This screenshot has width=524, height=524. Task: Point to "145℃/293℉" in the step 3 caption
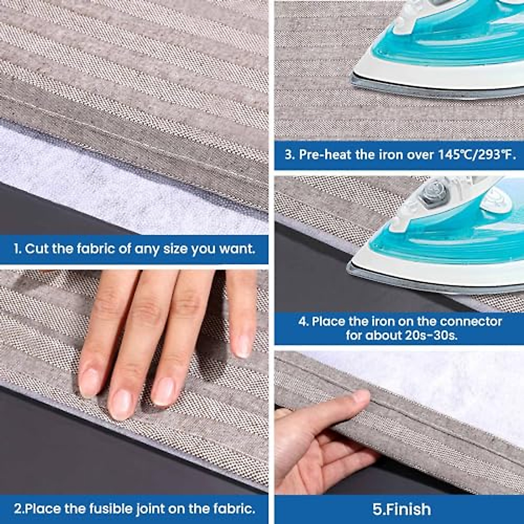[x=476, y=155]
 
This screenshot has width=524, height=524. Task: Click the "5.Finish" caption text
[x=402, y=509]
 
